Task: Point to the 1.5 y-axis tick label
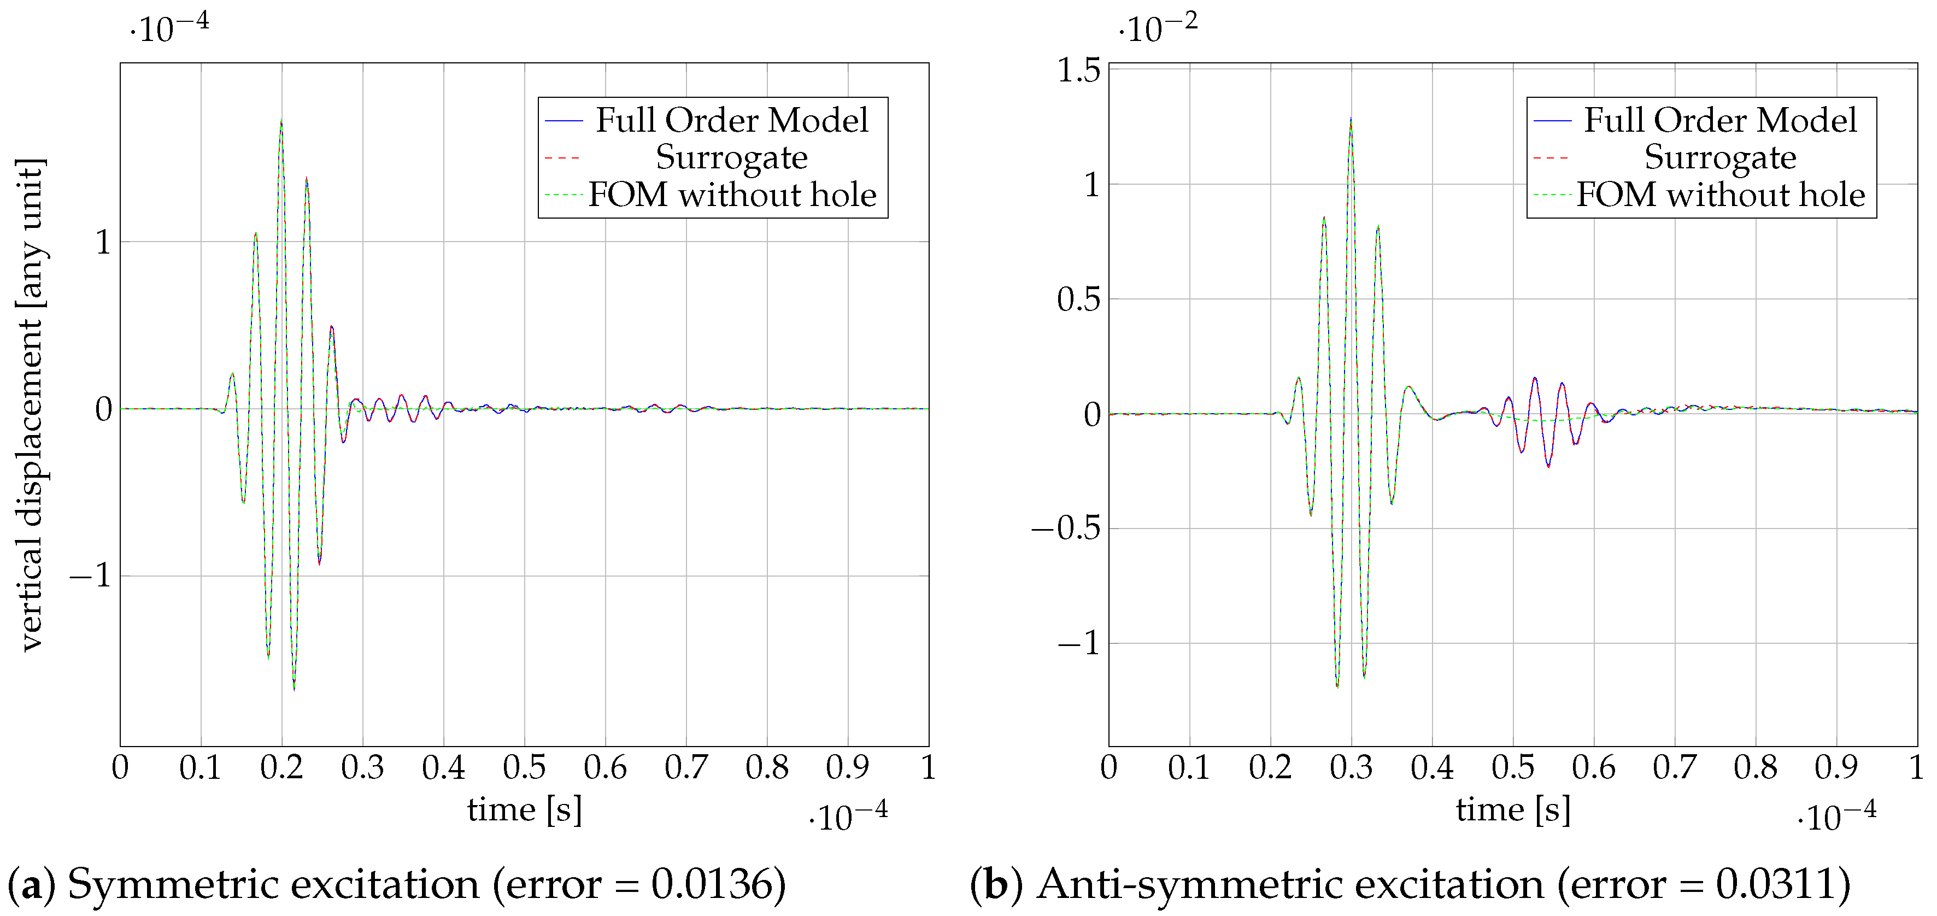point(1078,71)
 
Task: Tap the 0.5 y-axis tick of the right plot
point(1078,300)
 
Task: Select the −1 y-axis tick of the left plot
point(90,577)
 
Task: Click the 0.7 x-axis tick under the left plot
point(686,768)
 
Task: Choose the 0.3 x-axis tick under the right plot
point(1351,768)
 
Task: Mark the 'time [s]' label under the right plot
point(1513,810)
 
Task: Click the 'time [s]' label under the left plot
point(524,810)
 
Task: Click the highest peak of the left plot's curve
point(281,120)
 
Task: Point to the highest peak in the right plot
point(1351,118)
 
